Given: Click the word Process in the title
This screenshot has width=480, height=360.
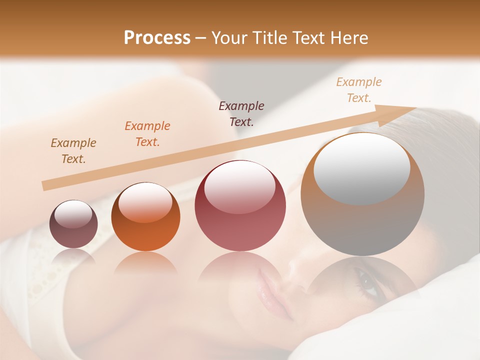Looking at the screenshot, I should point(157,38).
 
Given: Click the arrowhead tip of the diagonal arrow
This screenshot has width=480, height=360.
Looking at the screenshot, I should point(415,108).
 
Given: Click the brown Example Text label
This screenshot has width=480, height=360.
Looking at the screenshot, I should point(73,151).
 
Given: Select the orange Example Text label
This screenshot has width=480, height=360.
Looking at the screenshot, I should point(147,134).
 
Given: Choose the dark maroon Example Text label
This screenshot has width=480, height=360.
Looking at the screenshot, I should point(241,113).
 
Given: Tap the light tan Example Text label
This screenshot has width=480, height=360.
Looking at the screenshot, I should point(359,90).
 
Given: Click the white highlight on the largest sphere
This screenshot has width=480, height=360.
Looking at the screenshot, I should point(361,167).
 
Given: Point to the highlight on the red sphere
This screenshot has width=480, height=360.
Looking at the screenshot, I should point(240,186).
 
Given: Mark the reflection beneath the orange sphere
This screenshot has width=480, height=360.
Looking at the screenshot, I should point(145,262).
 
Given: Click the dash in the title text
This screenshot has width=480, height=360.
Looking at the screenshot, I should point(200,38).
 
